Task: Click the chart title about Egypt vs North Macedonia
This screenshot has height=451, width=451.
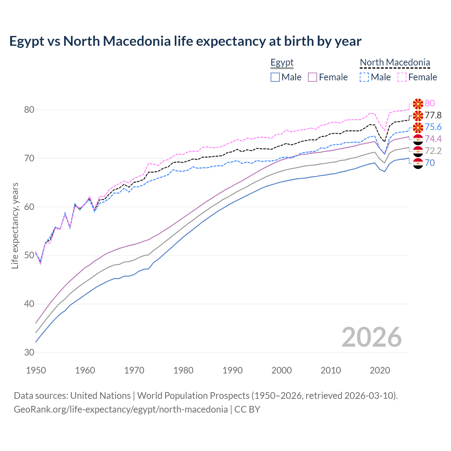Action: click(185, 41)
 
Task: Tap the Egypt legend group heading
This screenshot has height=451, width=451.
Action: click(282, 63)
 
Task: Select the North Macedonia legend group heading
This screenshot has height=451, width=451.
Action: click(395, 63)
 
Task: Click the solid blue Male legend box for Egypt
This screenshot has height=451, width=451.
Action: click(275, 77)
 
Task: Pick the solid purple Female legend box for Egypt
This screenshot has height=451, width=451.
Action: click(313, 77)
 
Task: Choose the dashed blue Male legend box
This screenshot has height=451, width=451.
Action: click(364, 77)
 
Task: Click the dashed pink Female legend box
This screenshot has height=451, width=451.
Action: click(402, 77)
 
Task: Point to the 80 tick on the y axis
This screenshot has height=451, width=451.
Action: click(29, 110)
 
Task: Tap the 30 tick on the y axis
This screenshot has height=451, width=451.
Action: click(29, 352)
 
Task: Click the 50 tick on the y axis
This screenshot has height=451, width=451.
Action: click(29, 255)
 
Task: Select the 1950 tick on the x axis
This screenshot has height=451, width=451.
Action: click(36, 370)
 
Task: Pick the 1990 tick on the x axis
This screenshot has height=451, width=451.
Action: click(233, 370)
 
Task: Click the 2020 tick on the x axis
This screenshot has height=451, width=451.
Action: click(380, 370)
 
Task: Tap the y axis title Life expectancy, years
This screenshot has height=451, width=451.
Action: click(15, 225)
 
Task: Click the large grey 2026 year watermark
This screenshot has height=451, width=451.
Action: click(372, 337)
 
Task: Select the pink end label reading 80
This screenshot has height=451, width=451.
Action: click(430, 103)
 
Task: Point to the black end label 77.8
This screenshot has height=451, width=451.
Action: click(433, 115)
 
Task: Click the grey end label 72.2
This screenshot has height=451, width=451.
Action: click(433, 151)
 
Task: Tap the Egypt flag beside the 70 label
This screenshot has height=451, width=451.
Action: click(418, 163)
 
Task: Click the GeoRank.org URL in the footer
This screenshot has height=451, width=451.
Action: click(121, 409)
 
